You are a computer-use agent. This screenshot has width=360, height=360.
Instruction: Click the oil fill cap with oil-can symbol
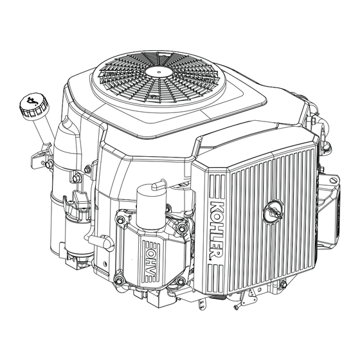pyautogui.click(x=33, y=106)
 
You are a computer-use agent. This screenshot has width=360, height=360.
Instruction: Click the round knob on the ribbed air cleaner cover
pyautogui.click(x=273, y=211)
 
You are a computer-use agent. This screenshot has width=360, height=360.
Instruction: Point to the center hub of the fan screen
pyautogui.click(x=159, y=71)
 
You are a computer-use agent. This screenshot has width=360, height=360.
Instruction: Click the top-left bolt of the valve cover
pyautogui.click(x=120, y=220)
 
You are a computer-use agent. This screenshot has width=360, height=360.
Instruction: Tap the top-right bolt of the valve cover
pyautogui.click(x=181, y=228)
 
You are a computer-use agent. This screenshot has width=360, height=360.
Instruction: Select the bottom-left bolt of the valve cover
pyautogui.click(x=119, y=280)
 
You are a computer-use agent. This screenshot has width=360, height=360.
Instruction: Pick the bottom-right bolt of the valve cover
pyautogui.click(x=181, y=281)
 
